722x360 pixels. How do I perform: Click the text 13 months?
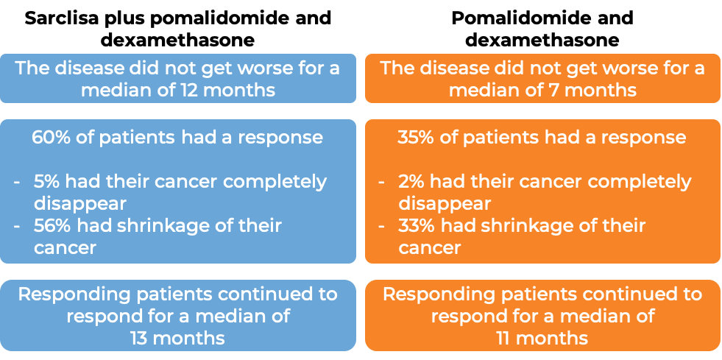tap(177, 338)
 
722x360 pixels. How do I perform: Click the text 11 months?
tap(542, 338)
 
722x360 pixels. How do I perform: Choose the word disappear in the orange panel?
tap(444, 203)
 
